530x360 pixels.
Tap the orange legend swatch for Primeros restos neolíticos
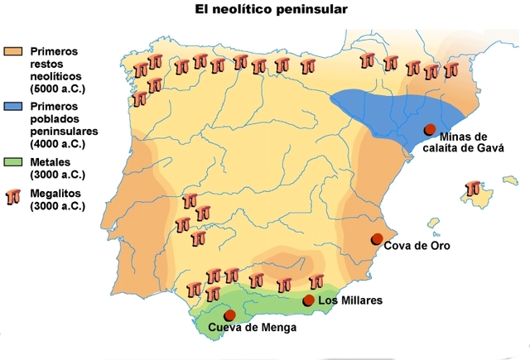click(x=12, y=50)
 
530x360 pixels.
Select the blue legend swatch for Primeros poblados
click(x=12, y=108)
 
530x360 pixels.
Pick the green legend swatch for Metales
click(x=12, y=162)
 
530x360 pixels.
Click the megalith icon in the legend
click(x=12, y=196)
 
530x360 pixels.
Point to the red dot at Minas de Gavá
click(x=430, y=129)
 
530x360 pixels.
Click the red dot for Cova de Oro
click(x=377, y=239)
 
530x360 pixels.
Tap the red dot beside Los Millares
click(x=309, y=300)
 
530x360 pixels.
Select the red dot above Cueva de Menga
click(x=229, y=315)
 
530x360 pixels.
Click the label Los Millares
click(x=349, y=300)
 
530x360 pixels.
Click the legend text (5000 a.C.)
click(x=62, y=88)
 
